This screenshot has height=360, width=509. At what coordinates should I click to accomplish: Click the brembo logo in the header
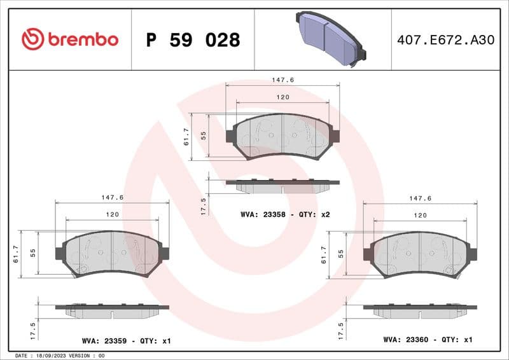pos(70,39)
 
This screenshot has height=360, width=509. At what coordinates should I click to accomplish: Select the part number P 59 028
pos(193,40)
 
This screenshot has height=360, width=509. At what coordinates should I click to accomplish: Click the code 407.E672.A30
pos(445,40)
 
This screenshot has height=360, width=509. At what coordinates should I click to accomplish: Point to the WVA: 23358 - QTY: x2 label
pos(285,214)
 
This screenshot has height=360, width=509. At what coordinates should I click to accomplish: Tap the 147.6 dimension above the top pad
pos(283,80)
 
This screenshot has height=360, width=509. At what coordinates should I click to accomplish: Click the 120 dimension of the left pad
pos(113,215)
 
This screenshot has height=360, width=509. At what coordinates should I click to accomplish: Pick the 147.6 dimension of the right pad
pos(420,198)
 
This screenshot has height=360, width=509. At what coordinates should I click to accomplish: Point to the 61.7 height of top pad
pos(186,136)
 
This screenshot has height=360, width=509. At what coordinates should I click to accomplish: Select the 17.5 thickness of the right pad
pos(341,330)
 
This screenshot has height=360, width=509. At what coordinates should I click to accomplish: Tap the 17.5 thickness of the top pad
pos(204,206)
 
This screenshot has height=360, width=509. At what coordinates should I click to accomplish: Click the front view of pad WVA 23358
pos(283,136)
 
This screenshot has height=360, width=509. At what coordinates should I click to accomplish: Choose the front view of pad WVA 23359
pos(113,253)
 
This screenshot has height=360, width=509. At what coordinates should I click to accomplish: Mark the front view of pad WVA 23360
pos(420,253)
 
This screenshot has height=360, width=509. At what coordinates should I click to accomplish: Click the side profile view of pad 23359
pos(113,310)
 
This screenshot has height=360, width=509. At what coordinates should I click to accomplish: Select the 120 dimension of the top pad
pos(283,97)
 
